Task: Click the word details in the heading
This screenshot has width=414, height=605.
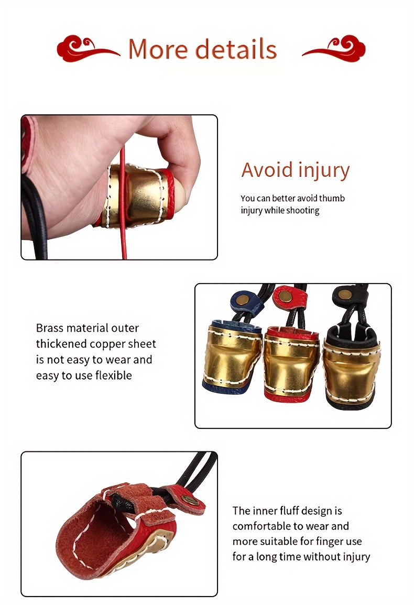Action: pos(236,49)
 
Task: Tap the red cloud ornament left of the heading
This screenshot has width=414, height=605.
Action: pos(87,48)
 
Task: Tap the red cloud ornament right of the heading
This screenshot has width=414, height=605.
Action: pos(334,48)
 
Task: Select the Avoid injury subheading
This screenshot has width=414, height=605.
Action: pos(296,170)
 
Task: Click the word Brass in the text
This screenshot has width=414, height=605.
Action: pos(50,328)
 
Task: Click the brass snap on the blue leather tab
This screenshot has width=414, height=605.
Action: pos(245,299)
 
